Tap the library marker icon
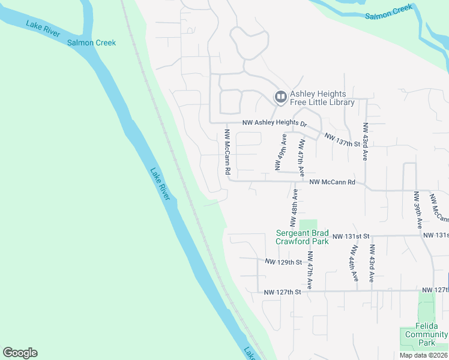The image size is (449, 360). pyautogui.click(x=280, y=97)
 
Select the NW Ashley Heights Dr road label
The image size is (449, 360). pyautogui.click(x=274, y=122)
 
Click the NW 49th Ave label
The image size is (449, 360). pyautogui.click(x=280, y=152)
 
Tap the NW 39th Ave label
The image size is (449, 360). pyautogui.click(x=417, y=210)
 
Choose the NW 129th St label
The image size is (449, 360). pyautogui.click(x=283, y=262)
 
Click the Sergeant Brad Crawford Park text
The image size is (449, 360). pyautogui.click(x=302, y=237)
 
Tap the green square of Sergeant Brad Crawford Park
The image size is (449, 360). pyautogui.click(x=308, y=224)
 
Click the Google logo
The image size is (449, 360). pyautogui.click(x=20, y=353)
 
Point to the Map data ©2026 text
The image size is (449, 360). pyautogui.click(x=423, y=355)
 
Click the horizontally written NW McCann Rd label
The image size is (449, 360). pyautogui.click(x=332, y=182)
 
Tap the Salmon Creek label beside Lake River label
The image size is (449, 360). pyautogui.click(x=91, y=43)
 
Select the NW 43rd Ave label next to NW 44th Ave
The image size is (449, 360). pyautogui.click(x=372, y=263)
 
